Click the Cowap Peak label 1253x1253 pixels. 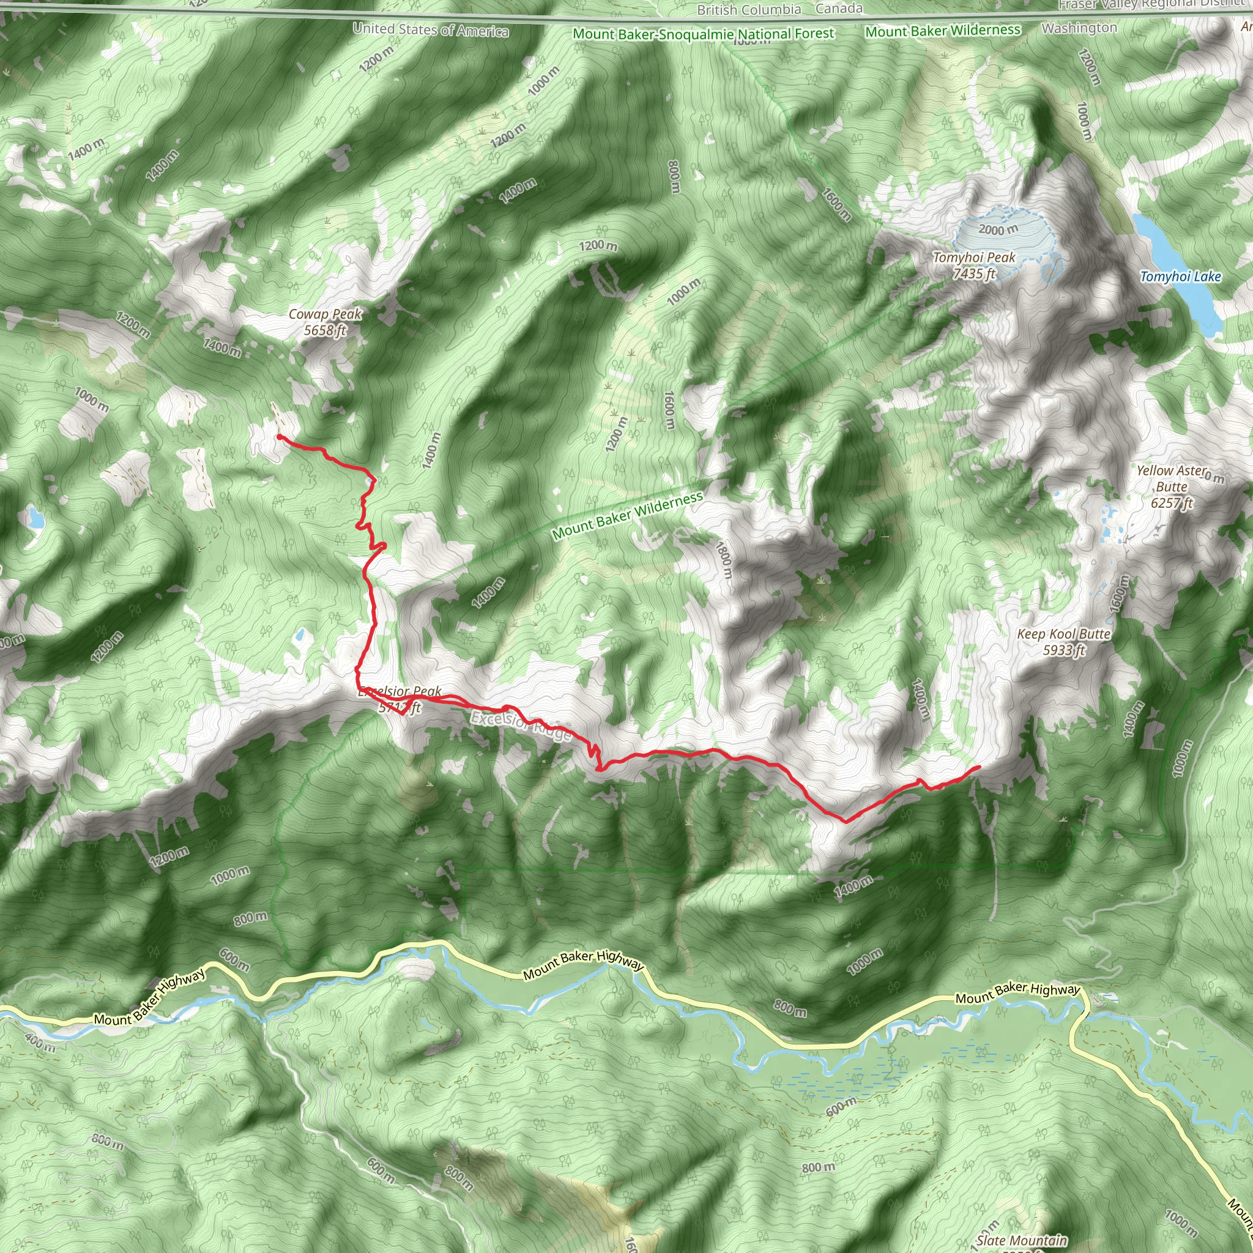coord(325,322)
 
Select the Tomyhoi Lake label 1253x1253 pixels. coord(1180,277)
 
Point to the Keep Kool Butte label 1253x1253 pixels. coord(1063,641)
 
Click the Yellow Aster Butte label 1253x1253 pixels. coord(1171,486)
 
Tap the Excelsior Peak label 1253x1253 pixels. coord(400,699)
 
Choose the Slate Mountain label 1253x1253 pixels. coord(1022,1241)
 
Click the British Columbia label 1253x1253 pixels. coord(749,10)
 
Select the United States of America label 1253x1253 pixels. coord(431,30)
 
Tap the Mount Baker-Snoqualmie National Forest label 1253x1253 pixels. coord(704,34)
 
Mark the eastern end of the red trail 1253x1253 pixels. coord(978,767)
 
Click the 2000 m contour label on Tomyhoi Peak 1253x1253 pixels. coord(998,229)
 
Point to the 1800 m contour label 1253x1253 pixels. coord(724,560)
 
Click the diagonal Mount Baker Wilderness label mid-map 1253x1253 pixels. coord(627,516)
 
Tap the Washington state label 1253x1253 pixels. coord(1079,28)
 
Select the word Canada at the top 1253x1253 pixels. coord(839,9)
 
